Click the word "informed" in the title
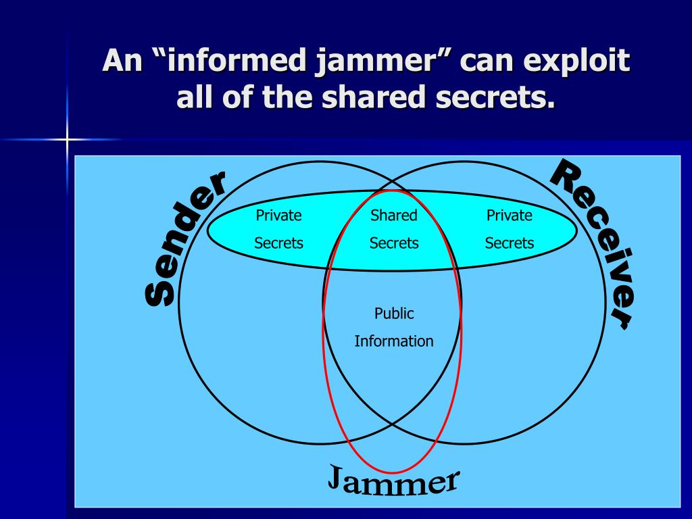(229, 62)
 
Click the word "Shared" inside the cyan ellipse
(394, 216)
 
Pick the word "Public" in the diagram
(394, 314)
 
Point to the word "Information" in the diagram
(394, 341)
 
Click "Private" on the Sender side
(278, 216)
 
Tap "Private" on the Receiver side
(510, 216)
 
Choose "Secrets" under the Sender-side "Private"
(278, 243)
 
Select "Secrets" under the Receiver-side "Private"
(510, 243)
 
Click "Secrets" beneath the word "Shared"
(394, 243)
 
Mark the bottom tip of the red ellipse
(393, 472)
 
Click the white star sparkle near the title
(68, 140)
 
